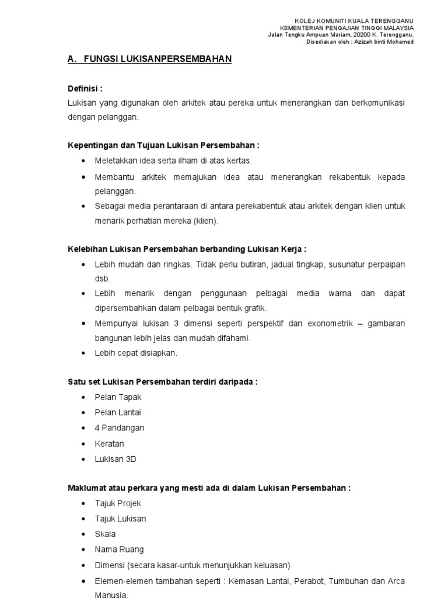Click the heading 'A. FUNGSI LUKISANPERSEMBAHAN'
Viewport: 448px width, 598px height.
150,60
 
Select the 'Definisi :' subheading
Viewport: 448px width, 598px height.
85,89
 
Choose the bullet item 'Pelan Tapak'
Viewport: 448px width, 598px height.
118,397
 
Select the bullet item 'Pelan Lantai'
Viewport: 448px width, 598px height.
118,412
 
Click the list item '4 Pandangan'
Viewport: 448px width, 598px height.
120,428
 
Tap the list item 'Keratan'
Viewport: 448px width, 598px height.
110,444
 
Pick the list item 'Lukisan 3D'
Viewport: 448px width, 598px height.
116,459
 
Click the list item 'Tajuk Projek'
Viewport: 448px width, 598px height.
118,503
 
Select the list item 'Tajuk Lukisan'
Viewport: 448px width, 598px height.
120,519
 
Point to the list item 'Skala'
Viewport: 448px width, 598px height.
105,534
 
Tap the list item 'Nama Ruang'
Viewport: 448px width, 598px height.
119,550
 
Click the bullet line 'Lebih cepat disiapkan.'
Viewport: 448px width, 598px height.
136,353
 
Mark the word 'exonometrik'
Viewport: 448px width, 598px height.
328,323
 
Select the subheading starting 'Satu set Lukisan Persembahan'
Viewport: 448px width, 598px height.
163,382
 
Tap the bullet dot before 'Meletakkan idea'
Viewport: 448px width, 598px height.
85,161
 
